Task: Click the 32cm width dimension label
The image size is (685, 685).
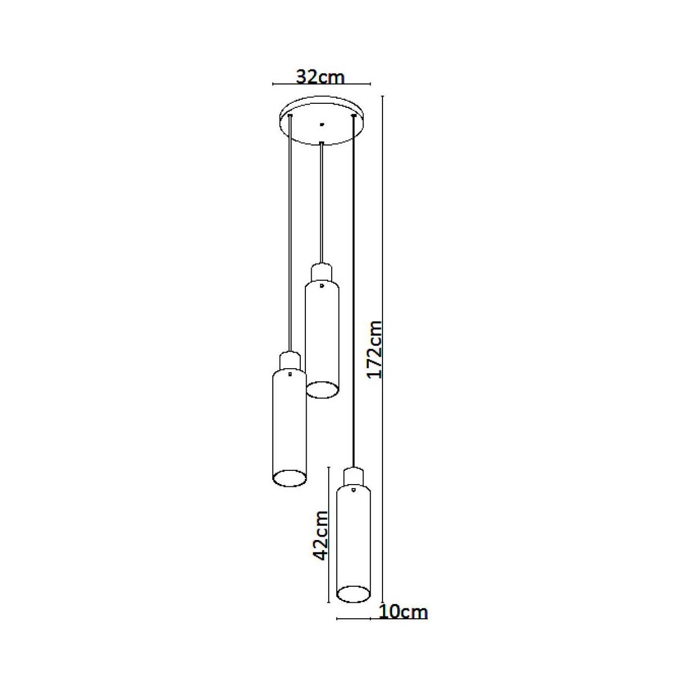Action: [x=320, y=77]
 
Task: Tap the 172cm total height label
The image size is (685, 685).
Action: [x=375, y=350]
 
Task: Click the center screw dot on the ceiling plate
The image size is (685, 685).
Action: [x=322, y=124]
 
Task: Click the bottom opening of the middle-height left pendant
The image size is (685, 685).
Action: [x=289, y=477]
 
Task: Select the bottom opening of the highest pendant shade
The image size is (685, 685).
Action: [x=322, y=390]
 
